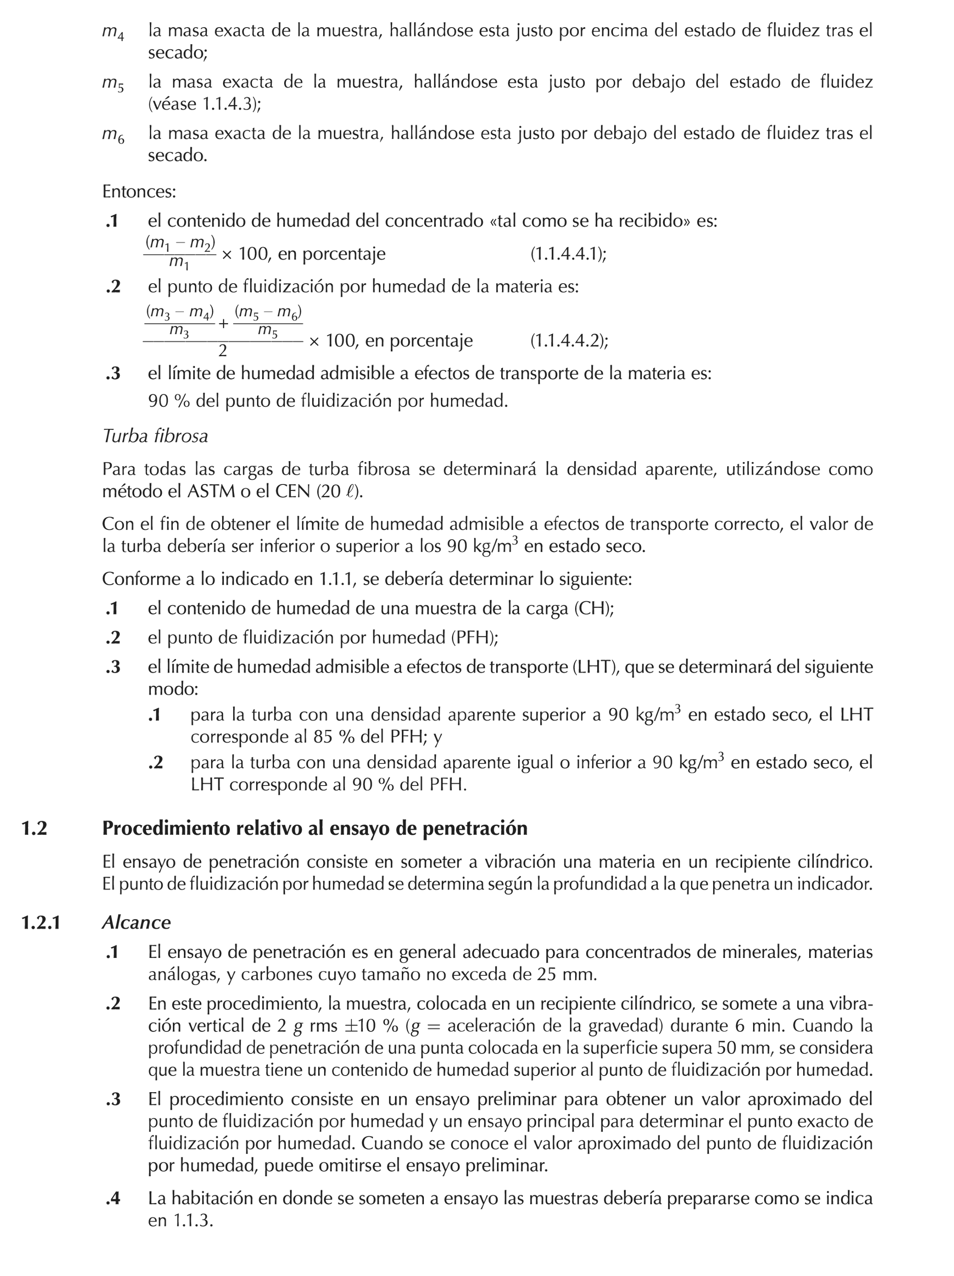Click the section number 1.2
[34, 828]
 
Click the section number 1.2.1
[40, 923]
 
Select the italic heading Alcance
[136, 923]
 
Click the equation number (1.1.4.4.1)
[568, 254]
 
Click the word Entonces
[138, 192]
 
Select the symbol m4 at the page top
[113, 32]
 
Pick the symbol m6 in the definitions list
[113, 136]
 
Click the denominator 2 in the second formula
[223, 350]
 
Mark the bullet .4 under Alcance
[113, 1199]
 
